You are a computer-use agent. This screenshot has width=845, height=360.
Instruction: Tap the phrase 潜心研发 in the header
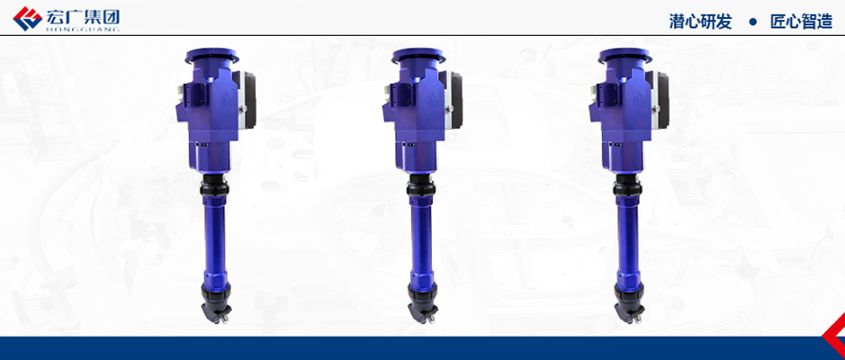701,22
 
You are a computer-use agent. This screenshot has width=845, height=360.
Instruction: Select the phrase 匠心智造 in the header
801,22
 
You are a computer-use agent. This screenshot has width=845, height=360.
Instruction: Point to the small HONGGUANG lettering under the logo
83,30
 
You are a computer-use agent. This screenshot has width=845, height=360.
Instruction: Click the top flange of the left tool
211,56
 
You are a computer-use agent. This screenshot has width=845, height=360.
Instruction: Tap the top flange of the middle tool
418,56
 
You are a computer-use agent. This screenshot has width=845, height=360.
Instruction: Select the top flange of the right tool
625,56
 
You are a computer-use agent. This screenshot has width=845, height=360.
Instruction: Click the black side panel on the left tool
249,101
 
